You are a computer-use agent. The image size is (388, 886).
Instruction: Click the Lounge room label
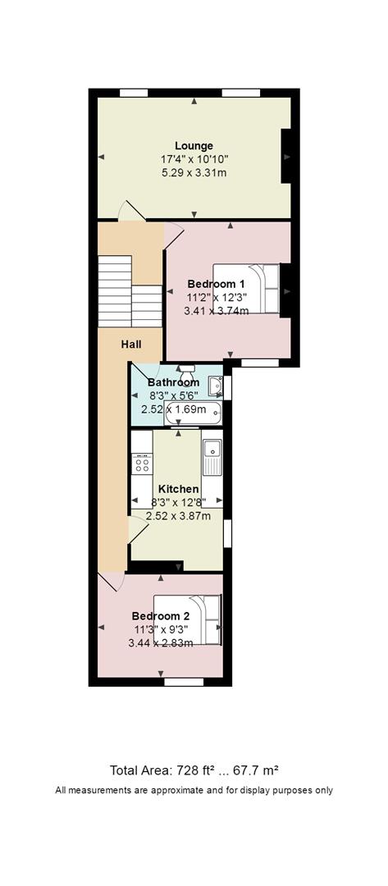pos(194,146)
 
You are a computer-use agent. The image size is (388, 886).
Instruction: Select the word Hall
pos(131,344)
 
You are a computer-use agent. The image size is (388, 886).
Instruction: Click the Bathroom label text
pos(173,382)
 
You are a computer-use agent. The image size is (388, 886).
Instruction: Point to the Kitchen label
pos(178,489)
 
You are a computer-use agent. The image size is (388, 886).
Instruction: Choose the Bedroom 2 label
pos(161,615)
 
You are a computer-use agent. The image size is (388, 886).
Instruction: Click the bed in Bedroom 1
pos(246,288)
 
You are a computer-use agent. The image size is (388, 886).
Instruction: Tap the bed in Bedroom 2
pos(187,619)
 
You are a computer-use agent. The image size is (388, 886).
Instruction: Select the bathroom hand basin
pos(215,386)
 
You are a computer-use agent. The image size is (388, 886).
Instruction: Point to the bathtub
pos(193,413)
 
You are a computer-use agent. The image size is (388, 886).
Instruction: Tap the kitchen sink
pos(212,457)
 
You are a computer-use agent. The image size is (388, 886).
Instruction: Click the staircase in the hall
pos(130,291)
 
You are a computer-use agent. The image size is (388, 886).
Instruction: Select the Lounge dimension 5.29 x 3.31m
pos(194,172)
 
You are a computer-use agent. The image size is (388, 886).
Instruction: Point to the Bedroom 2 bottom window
pos(184,682)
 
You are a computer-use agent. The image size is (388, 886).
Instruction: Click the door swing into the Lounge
pos(131,210)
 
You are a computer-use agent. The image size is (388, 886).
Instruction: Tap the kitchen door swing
pos(139,529)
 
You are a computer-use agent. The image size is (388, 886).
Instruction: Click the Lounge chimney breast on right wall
pos(286,155)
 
